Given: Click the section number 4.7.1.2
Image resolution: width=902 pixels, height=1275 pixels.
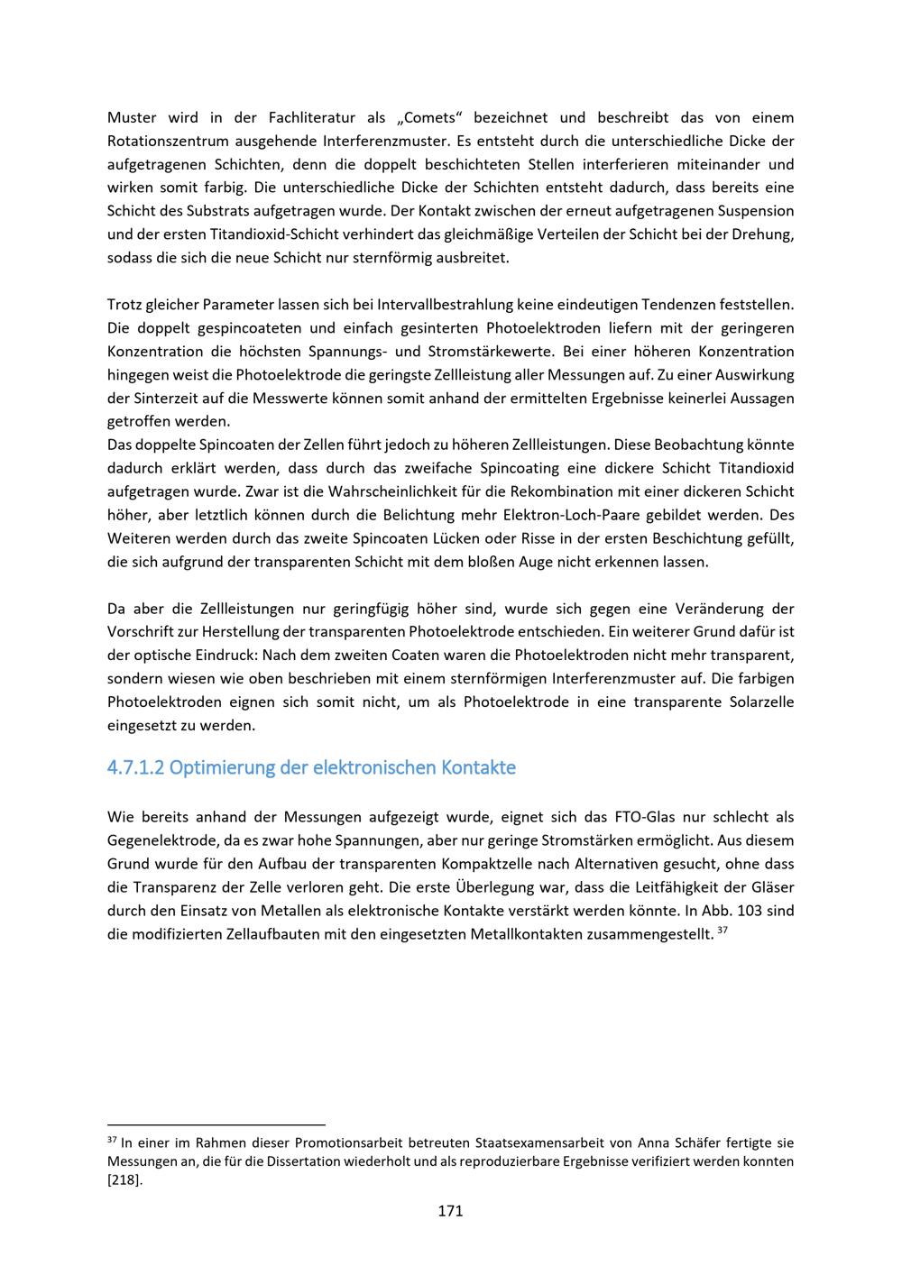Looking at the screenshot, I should coord(135,768).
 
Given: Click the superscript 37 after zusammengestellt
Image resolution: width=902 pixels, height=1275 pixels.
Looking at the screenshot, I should coord(723,930).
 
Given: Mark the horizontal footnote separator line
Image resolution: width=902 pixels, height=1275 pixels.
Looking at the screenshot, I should coord(216,1124).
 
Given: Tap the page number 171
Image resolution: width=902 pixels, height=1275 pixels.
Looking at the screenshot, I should coord(450,1211).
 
